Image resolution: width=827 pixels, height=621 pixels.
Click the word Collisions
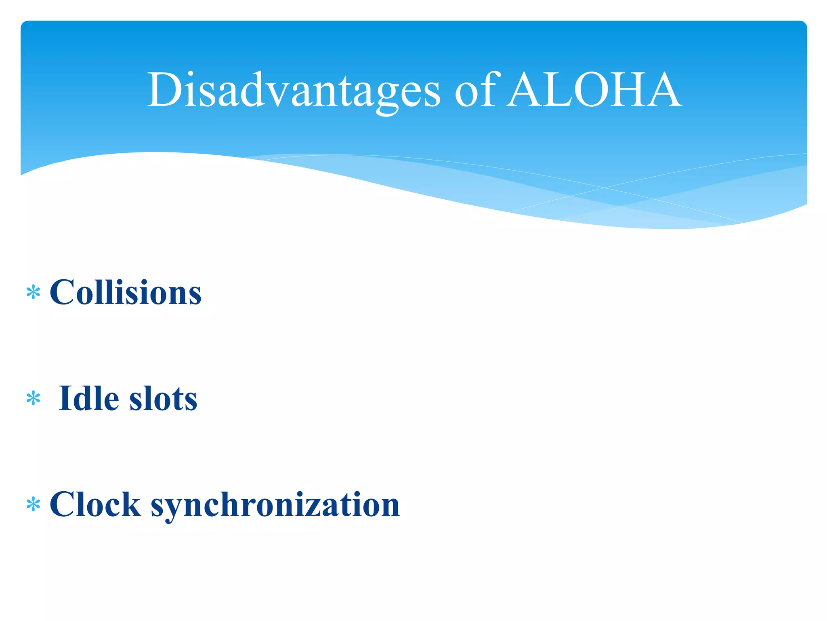125,292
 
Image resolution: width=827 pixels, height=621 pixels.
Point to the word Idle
89,399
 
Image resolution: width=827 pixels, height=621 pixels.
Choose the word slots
163,399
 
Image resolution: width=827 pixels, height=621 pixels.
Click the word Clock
95,505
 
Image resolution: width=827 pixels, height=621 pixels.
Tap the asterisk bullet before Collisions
33,292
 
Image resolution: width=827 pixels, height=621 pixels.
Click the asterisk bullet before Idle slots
33,399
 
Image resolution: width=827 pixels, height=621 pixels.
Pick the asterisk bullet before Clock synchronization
33,505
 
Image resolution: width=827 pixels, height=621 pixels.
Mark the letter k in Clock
132,505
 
